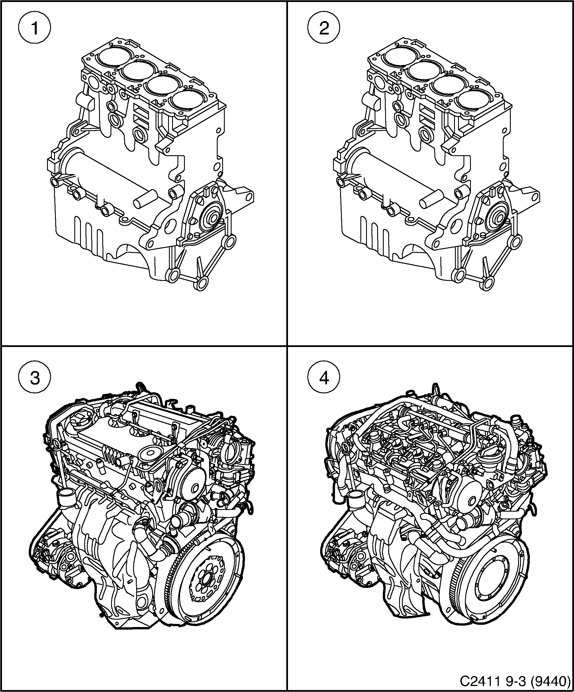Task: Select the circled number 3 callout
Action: click(34, 378)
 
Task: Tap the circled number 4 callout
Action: click(324, 378)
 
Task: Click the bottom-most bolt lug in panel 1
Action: click(201, 282)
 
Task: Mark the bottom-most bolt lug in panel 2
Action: click(488, 282)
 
